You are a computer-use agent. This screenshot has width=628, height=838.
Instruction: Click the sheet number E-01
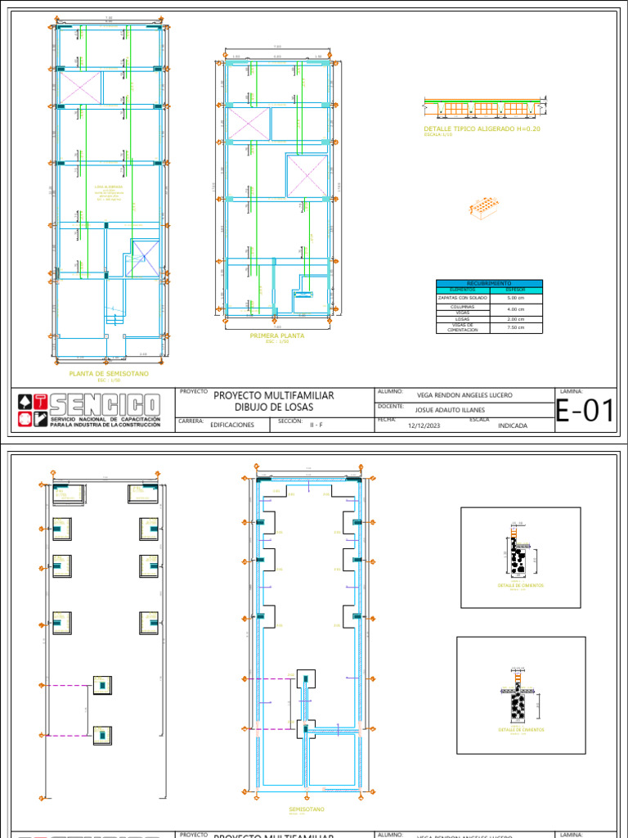coord(585,412)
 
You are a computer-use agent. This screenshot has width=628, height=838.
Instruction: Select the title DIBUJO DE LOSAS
coord(273,407)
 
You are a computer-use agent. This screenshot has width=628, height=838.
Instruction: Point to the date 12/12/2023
coord(424,426)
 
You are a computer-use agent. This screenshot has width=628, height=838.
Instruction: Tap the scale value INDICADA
coord(512,426)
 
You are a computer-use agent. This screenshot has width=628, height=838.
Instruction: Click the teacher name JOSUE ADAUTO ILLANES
coord(449,410)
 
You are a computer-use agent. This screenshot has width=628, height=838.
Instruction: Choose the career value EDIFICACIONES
coord(232,426)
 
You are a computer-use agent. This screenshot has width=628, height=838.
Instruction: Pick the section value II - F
coord(316,426)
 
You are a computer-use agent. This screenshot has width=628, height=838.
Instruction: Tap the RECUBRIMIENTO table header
coord(489,283)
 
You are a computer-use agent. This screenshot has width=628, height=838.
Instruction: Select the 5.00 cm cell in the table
coord(516,298)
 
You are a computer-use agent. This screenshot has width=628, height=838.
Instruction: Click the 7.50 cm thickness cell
coord(516,327)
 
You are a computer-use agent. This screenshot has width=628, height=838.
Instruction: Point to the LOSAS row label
coord(463,318)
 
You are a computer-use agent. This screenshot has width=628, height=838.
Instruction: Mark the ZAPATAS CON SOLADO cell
coord(463,298)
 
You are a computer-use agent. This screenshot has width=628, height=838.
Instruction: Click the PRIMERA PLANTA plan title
coord(277,336)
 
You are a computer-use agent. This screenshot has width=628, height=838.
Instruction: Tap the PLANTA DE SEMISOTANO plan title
coord(109,373)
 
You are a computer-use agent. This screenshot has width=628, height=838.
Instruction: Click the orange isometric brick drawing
coord(484,207)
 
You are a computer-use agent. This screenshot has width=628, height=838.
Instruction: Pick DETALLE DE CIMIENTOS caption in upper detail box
coord(520,585)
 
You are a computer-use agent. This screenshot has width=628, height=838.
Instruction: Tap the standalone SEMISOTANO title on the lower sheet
coord(307,809)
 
